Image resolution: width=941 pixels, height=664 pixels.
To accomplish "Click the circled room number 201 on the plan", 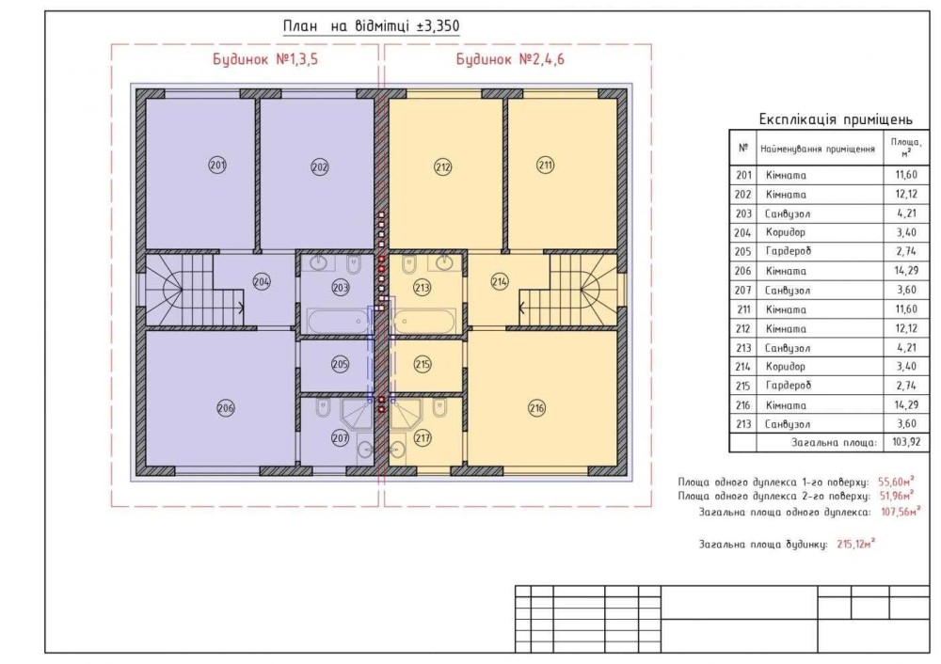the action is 217,165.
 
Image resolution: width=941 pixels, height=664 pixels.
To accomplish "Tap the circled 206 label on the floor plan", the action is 226,408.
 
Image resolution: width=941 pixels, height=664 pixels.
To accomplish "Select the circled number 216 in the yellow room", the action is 536,408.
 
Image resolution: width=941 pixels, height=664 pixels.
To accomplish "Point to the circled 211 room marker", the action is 545,165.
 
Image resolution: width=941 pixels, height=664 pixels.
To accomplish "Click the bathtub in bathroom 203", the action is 339,321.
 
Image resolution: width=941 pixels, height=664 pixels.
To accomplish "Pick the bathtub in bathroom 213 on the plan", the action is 424,321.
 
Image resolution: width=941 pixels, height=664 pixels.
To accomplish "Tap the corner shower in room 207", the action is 357,414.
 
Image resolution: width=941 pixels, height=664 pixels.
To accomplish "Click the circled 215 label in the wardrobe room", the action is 423,364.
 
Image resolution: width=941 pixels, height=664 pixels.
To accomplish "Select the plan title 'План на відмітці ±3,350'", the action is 372,26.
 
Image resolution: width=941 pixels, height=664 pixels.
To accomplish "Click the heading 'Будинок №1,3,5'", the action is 265,59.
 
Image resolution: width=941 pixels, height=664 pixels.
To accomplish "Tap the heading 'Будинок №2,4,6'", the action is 510,59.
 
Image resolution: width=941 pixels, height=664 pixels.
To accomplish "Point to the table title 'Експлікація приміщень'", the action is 836,119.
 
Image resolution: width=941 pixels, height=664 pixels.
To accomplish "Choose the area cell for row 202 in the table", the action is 905,195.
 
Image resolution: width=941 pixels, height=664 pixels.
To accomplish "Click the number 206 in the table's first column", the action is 742,271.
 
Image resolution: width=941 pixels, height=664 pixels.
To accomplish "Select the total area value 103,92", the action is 905,443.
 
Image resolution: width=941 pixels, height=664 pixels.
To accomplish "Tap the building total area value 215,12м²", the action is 855,544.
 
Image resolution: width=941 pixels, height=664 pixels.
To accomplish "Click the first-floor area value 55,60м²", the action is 896,481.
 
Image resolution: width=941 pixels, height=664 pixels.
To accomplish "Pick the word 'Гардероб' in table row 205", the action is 788,251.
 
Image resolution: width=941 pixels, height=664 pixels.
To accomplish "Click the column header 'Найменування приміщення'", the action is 818,149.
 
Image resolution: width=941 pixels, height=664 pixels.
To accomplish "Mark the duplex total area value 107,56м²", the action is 901,512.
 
